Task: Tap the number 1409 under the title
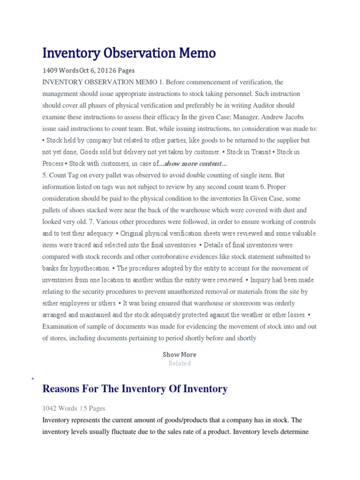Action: pos(50,71)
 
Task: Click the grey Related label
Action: pos(180,363)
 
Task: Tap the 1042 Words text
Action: pos(60,408)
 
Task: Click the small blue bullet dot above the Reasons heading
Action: pos(32,378)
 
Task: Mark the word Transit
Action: pos(260,152)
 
